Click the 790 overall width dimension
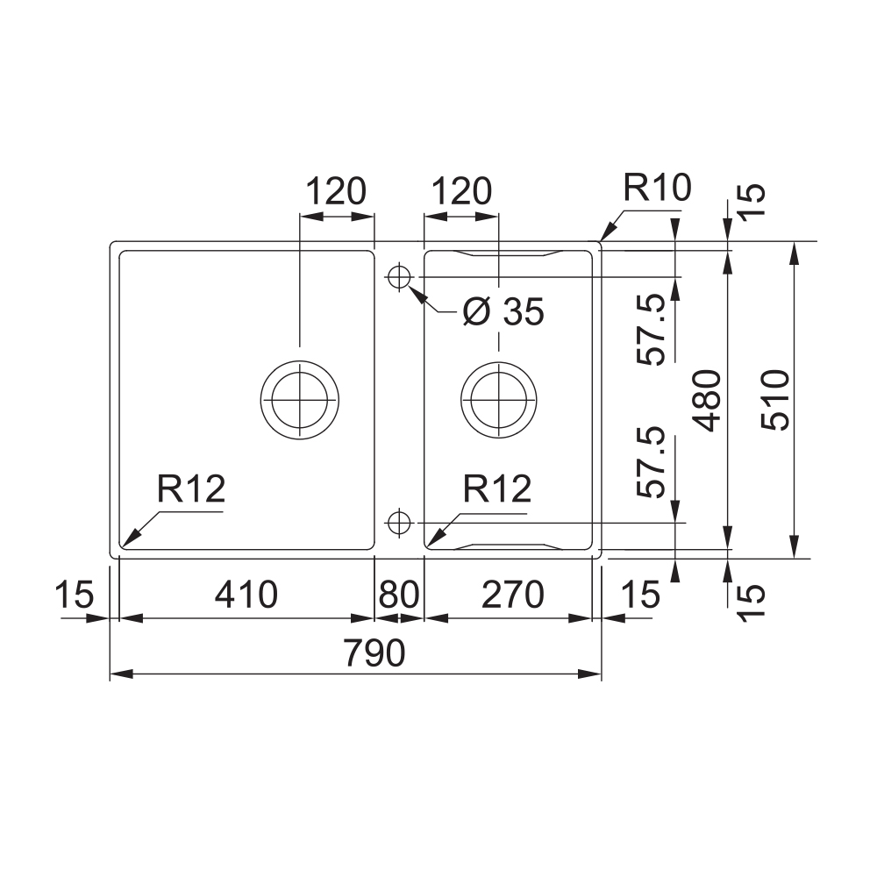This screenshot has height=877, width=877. pyautogui.click(x=375, y=653)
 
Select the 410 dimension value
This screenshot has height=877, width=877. pyautogui.click(x=246, y=595)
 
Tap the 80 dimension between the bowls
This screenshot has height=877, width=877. pyautogui.click(x=398, y=595)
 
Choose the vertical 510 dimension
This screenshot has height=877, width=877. pyautogui.click(x=775, y=400)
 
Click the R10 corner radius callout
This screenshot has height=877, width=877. pyautogui.click(x=657, y=188)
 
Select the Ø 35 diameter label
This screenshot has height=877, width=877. pyautogui.click(x=503, y=311)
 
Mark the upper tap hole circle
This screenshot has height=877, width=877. pyautogui.click(x=398, y=276)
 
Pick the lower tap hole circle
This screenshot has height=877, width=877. pyautogui.click(x=398, y=523)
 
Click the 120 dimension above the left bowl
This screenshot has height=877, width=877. pyautogui.click(x=334, y=191)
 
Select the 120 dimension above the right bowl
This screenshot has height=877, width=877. pyautogui.click(x=461, y=191)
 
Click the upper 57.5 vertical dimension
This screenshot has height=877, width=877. pyautogui.click(x=653, y=330)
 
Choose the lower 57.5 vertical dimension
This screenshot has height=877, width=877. pyautogui.click(x=653, y=463)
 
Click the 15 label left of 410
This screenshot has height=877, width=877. pyautogui.click(x=74, y=595)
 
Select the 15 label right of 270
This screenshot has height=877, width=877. pyautogui.click(x=640, y=595)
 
